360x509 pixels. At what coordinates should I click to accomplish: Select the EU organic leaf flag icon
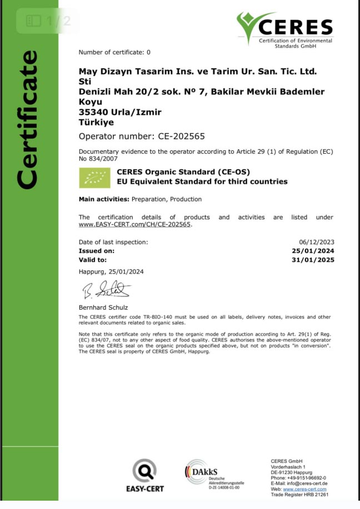click(95, 177)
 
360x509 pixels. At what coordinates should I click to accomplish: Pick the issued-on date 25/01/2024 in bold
click(316, 251)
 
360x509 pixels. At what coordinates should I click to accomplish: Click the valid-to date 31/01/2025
click(316, 259)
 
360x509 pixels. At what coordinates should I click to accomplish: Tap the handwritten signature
click(106, 289)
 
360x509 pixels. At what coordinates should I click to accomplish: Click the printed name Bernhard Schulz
click(103, 307)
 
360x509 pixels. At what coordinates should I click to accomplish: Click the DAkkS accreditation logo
click(205, 473)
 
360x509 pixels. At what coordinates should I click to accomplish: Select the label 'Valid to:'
click(93, 259)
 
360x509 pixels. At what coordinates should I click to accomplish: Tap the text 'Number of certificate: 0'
click(114, 52)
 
